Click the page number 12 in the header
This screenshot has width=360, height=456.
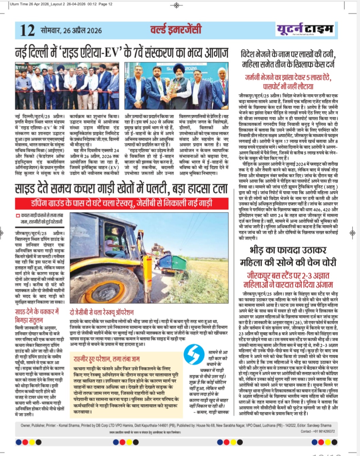pyautogui.click(x=27, y=30)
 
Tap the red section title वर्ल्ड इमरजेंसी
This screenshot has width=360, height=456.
pyautogui.click(x=176, y=30)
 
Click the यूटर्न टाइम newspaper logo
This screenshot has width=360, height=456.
pyautogui.click(x=304, y=29)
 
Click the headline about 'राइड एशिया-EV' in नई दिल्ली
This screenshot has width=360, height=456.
pyautogui.click(x=121, y=53)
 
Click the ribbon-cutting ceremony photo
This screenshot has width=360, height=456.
pyautogui.click(x=68, y=86)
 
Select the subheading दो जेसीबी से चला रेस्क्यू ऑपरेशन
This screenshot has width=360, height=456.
pyautogui.click(x=102, y=312)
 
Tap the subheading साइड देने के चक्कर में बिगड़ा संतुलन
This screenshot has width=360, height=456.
pyautogui.click(x=37, y=315)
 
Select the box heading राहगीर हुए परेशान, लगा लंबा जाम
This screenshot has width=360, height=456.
pyautogui.click(x=107, y=359)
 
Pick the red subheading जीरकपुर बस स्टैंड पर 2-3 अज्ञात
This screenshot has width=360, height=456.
pyautogui.click(x=288, y=280)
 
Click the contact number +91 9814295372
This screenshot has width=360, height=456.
pyautogui.click(x=318, y=432)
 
